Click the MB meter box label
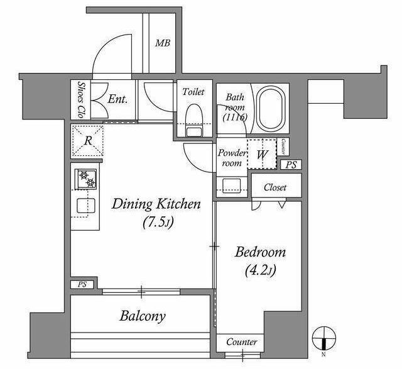(x=163, y=43)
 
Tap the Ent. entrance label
(x=117, y=99)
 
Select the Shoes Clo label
(x=81, y=100)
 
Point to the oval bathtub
(x=271, y=109)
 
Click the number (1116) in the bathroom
(x=235, y=117)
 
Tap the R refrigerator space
(x=88, y=141)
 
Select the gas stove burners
(x=85, y=179)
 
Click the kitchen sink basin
(x=86, y=206)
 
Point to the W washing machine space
(x=262, y=154)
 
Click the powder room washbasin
(x=232, y=185)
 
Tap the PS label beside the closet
(x=291, y=165)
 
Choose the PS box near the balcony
(x=82, y=284)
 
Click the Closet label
(x=275, y=187)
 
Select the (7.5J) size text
(x=158, y=222)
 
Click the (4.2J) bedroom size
(x=261, y=270)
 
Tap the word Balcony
(x=143, y=316)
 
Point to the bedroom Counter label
(x=241, y=342)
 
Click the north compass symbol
(x=324, y=338)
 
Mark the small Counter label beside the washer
(x=283, y=146)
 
